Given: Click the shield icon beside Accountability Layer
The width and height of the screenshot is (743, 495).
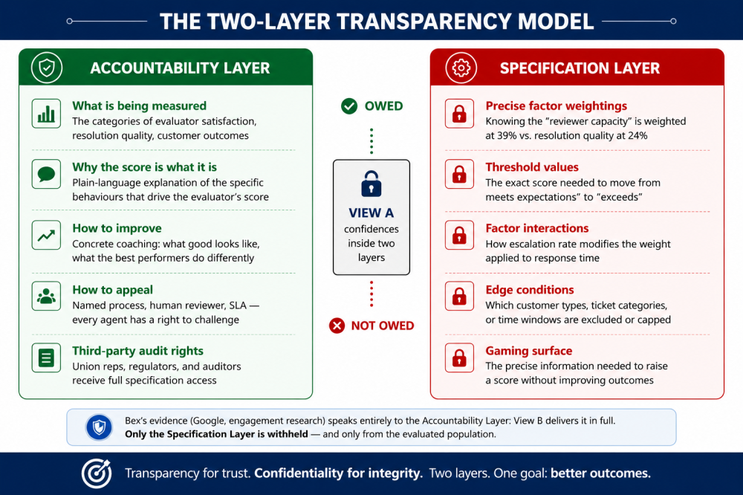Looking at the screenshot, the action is (46, 68).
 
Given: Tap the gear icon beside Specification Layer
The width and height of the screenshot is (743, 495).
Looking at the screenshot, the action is (461, 68).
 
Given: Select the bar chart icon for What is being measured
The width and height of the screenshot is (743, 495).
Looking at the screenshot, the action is (46, 114).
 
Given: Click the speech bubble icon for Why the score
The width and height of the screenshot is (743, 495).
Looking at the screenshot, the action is (46, 175).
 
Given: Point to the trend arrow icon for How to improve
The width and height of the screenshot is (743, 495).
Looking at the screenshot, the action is (46, 235).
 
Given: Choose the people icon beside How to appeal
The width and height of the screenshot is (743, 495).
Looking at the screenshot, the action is (46, 297).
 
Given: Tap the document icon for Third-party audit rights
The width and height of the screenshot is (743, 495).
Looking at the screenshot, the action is (46, 357).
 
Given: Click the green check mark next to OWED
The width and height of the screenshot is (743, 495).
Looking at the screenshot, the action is (349, 106).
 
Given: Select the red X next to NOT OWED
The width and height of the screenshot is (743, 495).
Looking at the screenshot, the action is (337, 326).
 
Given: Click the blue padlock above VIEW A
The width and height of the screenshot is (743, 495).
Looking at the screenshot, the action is (371, 184).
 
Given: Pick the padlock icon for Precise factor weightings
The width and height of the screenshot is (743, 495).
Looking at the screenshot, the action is (459, 114).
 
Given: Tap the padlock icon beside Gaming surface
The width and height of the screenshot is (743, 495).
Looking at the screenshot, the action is (459, 357).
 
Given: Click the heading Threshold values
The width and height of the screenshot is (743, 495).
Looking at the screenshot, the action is (532, 167).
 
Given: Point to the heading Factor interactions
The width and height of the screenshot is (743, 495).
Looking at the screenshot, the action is (537, 228).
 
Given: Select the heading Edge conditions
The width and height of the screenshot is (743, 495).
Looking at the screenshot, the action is (529, 290).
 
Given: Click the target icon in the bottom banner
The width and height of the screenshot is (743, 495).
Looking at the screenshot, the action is (97, 473).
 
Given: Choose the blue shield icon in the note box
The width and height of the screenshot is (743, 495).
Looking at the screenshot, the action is (99, 427).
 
